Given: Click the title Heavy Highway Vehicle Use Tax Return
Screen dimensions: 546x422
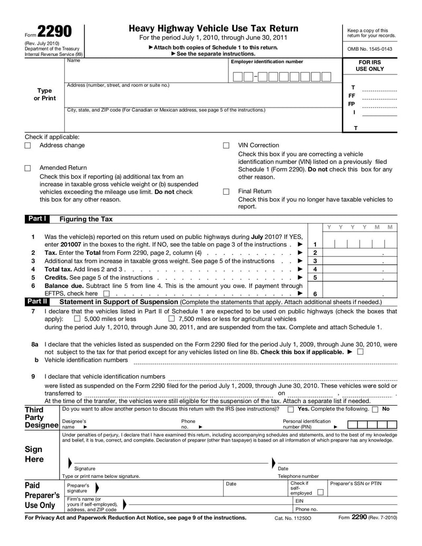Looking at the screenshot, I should click(213, 28).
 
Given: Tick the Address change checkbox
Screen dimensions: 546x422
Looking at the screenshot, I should click(28, 146).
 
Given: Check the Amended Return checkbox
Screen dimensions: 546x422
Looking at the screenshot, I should click(28, 168).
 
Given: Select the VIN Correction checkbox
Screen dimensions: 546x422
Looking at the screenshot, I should click(226, 146).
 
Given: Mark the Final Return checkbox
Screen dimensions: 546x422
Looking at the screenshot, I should click(226, 191).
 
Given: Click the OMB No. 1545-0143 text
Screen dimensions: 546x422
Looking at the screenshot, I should click(370, 49).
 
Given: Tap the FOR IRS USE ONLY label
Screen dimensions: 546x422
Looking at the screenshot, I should click(370, 65).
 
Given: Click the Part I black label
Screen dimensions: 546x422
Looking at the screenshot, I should click(37, 219).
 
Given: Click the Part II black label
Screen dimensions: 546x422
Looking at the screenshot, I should click(37, 302).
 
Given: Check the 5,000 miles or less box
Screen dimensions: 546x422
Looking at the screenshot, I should click(77, 319).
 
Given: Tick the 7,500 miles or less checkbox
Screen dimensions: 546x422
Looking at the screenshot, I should click(171, 319).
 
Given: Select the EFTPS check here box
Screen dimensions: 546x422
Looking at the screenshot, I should click(107, 294).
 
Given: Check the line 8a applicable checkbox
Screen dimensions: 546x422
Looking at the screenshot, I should click(360, 352).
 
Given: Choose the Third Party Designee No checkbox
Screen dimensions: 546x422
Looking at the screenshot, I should click(375, 409).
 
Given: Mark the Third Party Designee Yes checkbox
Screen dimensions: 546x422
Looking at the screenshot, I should click(291, 409).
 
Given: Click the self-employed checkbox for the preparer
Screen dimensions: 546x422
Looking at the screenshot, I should click(320, 492).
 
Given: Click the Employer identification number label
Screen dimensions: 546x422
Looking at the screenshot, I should click(267, 62).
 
